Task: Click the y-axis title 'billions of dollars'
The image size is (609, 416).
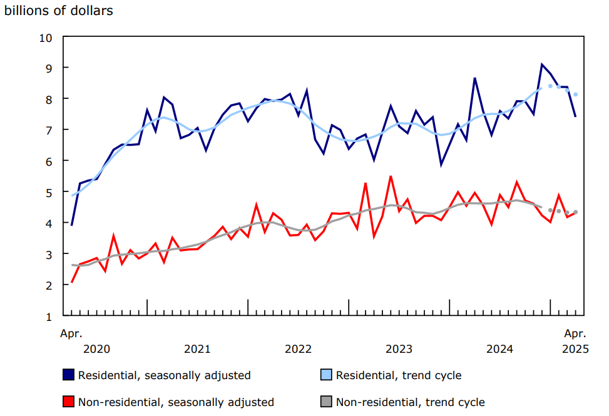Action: [x=59, y=11]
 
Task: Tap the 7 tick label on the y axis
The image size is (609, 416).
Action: [x=48, y=130]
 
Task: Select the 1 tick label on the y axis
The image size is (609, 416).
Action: [x=48, y=316]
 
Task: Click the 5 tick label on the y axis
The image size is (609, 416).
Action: [x=48, y=192]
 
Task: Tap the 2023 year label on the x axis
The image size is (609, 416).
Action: [x=399, y=348]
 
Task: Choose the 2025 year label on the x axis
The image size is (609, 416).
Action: [x=575, y=348]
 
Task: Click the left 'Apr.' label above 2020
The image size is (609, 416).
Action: [x=71, y=333]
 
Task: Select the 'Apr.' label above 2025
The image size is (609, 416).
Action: [x=575, y=333]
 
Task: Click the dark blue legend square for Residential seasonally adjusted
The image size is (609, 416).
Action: [x=69, y=375]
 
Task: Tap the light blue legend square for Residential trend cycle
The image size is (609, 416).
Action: [x=327, y=375]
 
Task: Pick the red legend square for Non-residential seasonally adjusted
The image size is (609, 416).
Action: [x=69, y=402]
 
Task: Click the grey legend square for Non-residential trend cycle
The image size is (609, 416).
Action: [x=327, y=402]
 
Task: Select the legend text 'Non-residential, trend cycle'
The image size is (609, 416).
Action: [x=410, y=402]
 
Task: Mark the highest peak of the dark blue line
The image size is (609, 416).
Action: [x=542, y=64]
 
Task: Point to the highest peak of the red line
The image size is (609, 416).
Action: [x=391, y=176]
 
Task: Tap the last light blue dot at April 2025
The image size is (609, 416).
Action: [x=575, y=94]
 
